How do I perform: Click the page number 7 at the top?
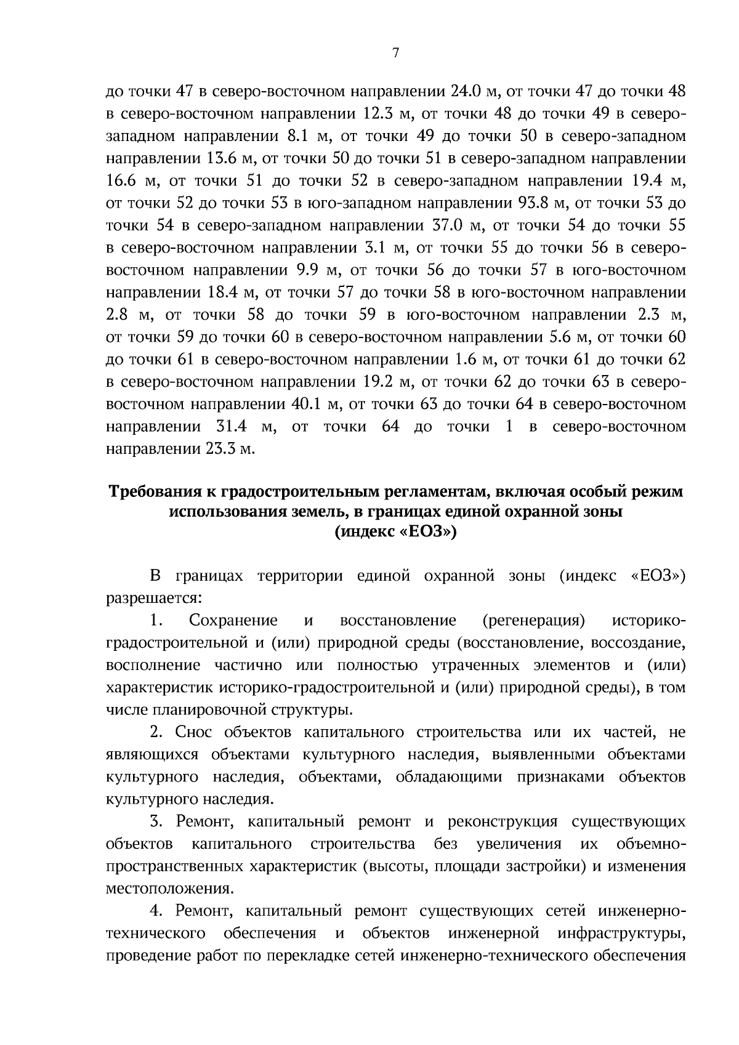pos(396,54)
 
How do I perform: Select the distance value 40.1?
pos(305,404)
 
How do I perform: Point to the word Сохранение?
pos(233,620)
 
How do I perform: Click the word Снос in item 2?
pos(194,732)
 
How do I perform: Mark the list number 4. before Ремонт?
pos(156,911)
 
